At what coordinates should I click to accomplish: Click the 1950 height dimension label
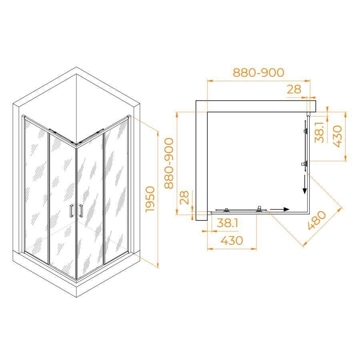(x=150, y=199)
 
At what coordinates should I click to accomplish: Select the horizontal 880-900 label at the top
(x=258, y=72)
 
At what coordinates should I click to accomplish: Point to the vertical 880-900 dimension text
(x=169, y=163)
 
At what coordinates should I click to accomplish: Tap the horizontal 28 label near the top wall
(x=294, y=89)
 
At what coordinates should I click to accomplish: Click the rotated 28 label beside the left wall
(x=184, y=198)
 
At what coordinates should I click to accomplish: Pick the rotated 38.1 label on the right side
(x=319, y=132)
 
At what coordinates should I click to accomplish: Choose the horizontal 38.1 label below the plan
(x=227, y=223)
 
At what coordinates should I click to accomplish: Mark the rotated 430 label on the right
(x=337, y=136)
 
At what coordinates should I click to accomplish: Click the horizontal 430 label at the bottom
(x=232, y=241)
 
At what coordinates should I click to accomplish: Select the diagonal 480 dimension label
(x=317, y=220)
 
